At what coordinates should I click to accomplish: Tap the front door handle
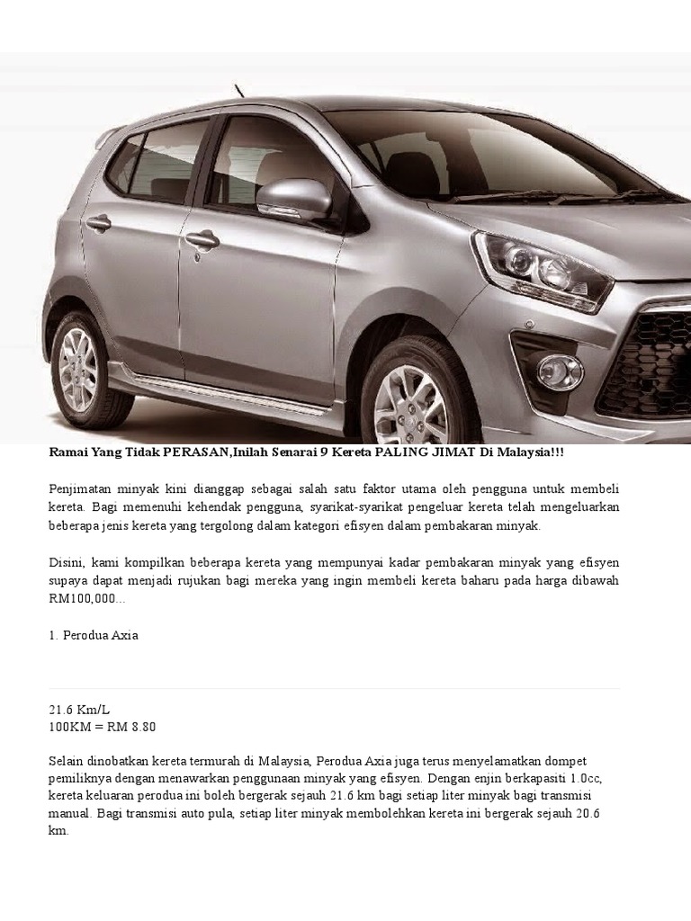click(x=202, y=239)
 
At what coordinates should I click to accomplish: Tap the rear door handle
click(x=98, y=222)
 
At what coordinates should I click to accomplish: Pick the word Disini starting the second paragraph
click(x=67, y=562)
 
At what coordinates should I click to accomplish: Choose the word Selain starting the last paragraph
click(x=67, y=762)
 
